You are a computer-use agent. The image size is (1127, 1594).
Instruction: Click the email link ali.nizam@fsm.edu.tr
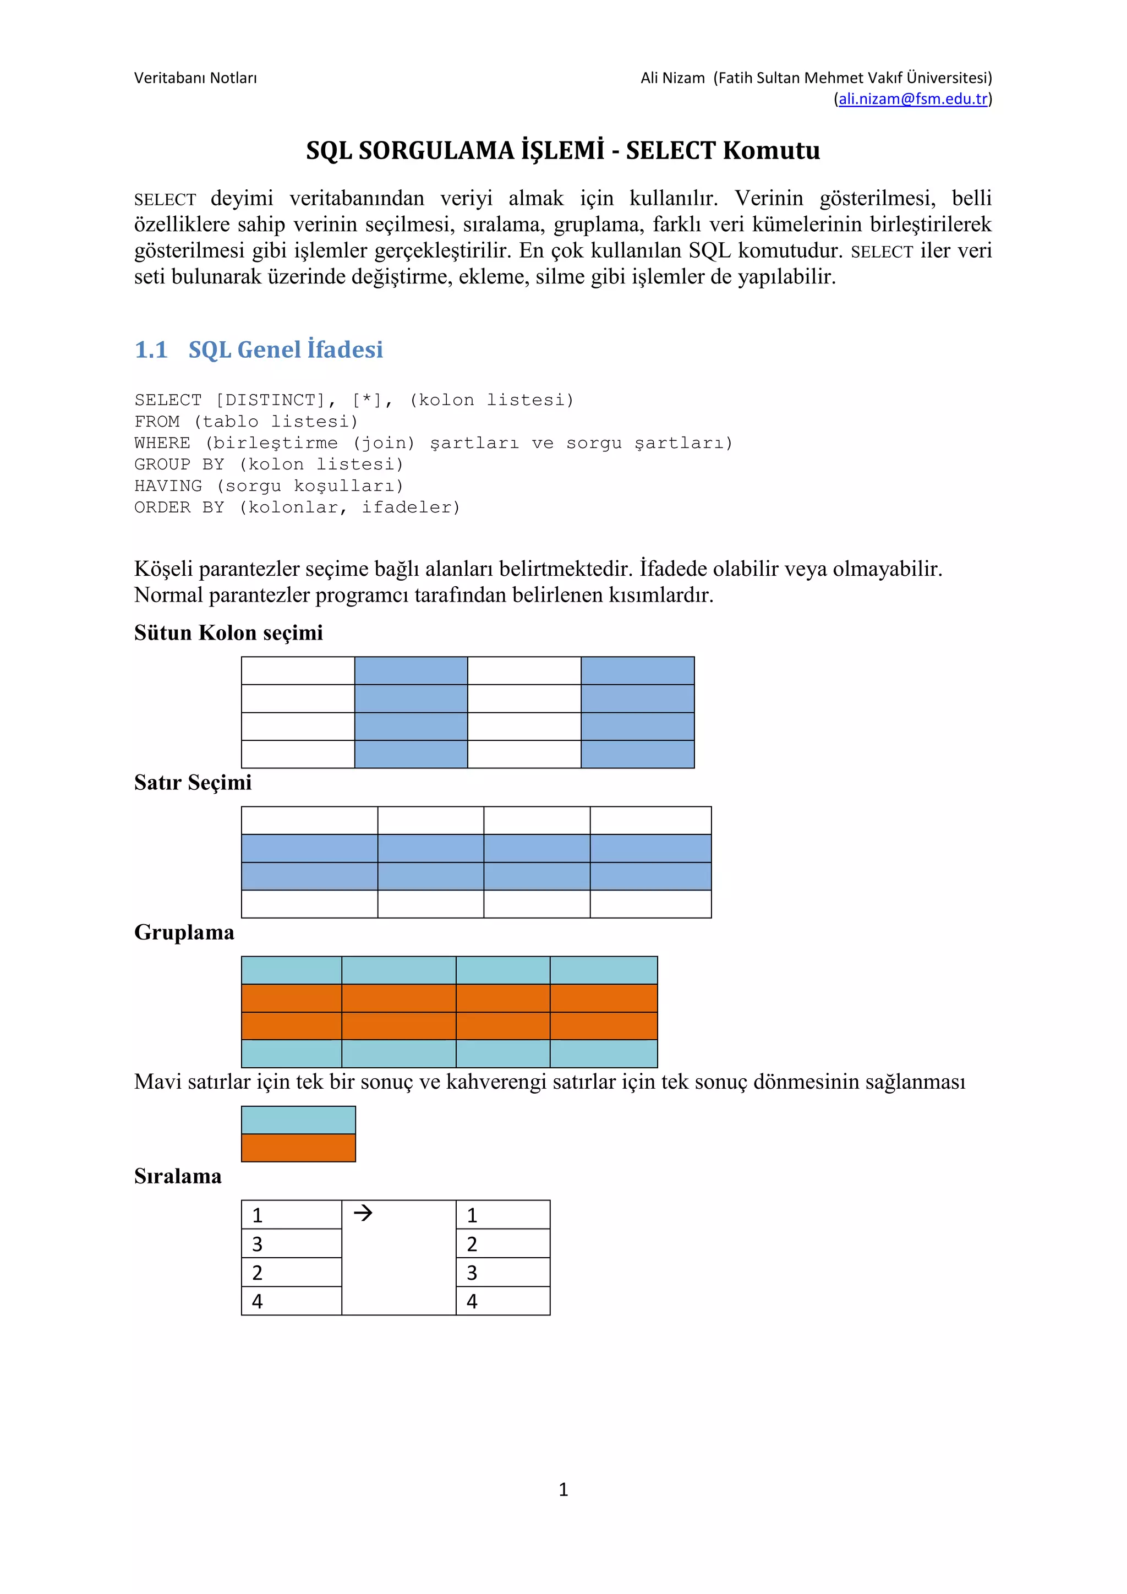coord(912,99)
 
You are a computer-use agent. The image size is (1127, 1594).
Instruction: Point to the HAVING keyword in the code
coord(168,486)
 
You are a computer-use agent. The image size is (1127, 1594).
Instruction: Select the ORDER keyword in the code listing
coord(162,507)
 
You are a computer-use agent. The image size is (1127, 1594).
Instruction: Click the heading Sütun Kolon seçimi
coord(228,632)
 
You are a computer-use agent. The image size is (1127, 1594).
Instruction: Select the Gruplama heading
coord(184,932)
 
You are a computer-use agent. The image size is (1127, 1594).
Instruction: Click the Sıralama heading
coord(178,1177)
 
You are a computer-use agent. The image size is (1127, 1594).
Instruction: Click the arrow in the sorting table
coord(363,1214)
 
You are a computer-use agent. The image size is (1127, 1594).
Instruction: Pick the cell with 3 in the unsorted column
coord(292,1243)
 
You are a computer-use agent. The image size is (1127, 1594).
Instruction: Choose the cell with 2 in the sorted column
coord(502,1243)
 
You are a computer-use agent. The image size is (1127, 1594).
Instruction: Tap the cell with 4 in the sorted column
coord(502,1301)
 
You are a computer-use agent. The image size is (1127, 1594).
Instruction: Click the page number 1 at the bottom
coord(563,1489)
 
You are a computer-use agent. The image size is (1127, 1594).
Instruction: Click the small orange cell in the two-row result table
coord(298,1148)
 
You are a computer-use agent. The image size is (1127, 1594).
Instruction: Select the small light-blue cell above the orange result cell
coord(298,1120)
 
